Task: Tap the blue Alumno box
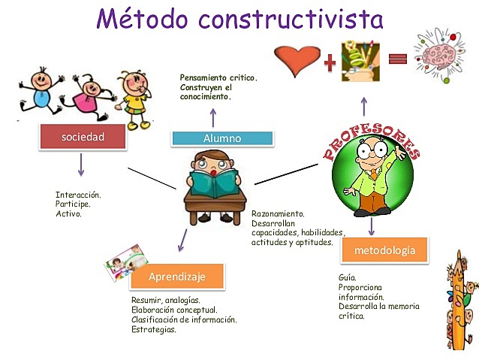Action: [x=221, y=138]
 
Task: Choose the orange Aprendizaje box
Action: [x=176, y=277]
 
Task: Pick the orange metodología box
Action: [x=384, y=250]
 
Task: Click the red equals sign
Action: [x=398, y=59]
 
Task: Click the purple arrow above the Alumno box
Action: [x=212, y=116]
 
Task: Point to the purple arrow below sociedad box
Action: [x=80, y=165]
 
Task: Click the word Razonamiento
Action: [x=278, y=213]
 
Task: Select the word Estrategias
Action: [x=154, y=329]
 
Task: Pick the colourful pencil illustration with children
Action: [x=459, y=301]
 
